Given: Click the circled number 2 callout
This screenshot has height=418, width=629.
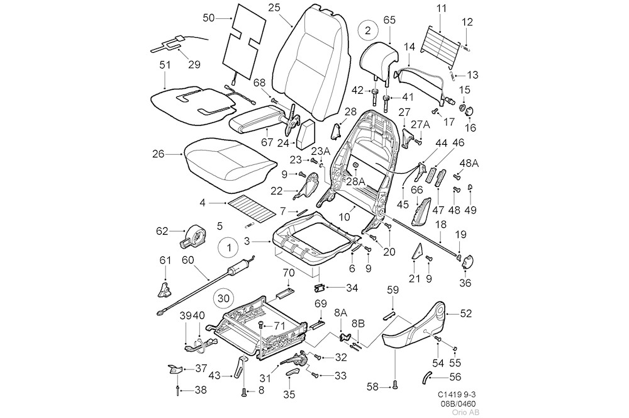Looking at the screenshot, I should tap(369, 29).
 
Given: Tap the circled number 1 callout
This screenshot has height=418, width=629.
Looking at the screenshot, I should tap(228, 249).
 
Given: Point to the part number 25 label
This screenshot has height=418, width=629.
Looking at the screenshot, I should tap(274, 8).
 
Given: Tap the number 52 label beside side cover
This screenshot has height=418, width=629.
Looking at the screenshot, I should tap(466, 313).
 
